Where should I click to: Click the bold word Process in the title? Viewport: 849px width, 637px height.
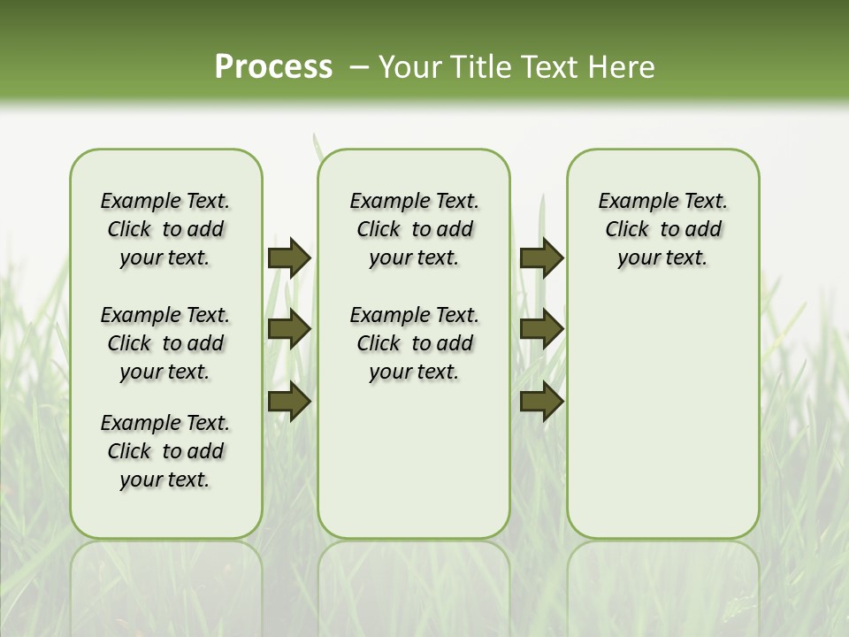(x=273, y=66)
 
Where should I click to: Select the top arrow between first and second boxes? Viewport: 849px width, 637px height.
(x=289, y=258)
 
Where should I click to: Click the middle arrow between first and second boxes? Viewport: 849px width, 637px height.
(x=289, y=329)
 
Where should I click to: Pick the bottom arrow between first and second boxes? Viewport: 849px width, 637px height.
(x=289, y=402)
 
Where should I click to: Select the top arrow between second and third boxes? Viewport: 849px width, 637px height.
(x=541, y=258)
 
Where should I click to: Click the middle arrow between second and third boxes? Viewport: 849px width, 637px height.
(x=541, y=329)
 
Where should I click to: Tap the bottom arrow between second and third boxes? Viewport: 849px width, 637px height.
(x=541, y=402)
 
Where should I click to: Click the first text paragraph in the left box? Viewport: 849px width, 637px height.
(x=165, y=229)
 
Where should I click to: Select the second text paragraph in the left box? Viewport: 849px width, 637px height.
(x=165, y=343)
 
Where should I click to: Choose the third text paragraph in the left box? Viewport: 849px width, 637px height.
(x=165, y=451)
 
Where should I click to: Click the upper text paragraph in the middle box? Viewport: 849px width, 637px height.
(x=414, y=229)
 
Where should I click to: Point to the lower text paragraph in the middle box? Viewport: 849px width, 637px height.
(x=414, y=343)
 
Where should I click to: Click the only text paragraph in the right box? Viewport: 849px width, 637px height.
(x=662, y=229)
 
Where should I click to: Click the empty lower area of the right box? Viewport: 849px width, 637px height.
(x=662, y=416)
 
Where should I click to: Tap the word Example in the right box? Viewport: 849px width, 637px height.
(x=631, y=201)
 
